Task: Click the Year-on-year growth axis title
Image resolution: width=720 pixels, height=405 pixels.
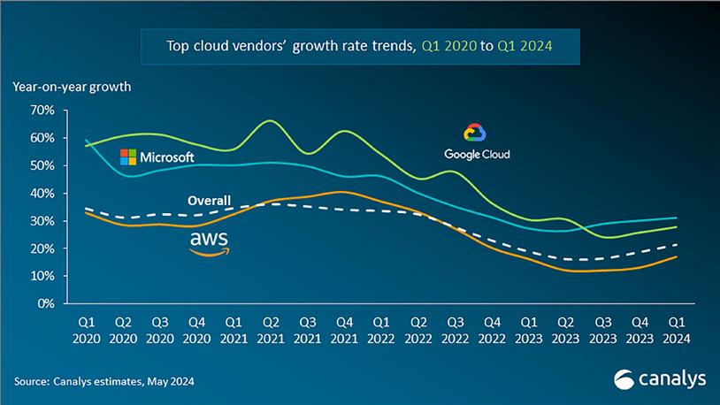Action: pos(71,87)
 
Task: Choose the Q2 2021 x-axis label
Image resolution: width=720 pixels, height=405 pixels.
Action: pos(271,329)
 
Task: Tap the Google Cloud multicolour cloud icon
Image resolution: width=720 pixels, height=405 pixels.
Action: pos(476,134)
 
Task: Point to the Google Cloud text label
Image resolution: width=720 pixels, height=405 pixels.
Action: pos(477,154)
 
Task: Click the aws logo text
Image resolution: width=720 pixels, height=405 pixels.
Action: pos(210,241)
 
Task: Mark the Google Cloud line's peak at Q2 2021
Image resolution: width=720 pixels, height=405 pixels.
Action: pos(271,121)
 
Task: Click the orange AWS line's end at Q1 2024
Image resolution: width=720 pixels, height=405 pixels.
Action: pos(678,257)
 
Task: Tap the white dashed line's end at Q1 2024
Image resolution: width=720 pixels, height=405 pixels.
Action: pos(678,245)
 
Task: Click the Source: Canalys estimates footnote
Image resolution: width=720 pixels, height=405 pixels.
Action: pos(104,382)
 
